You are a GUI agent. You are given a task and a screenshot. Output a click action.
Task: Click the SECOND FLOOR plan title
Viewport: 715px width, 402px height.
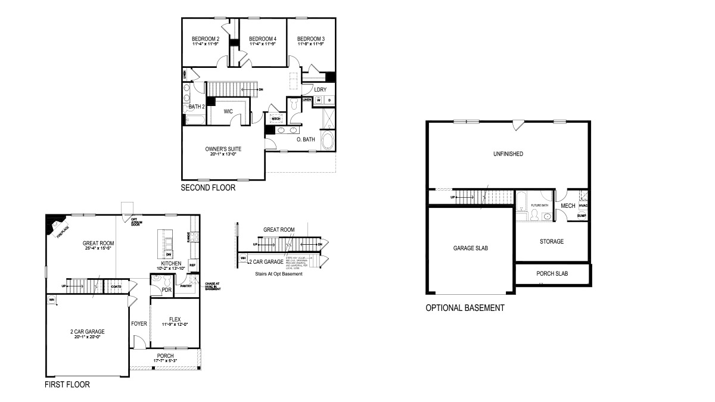coord(208,188)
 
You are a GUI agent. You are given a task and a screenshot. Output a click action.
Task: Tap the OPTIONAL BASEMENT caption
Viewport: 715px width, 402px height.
coord(465,308)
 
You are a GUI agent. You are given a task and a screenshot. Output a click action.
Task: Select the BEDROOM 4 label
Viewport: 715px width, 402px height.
coord(262,38)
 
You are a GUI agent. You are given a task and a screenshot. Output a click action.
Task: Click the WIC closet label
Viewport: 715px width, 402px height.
coord(228,111)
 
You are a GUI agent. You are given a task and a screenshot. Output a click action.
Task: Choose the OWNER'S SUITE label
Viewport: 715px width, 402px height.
coord(223,148)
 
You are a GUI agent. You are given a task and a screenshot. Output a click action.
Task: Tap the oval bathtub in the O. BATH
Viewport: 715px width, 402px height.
coord(328,142)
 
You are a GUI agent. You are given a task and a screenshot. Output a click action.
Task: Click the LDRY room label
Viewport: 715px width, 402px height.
coord(321,89)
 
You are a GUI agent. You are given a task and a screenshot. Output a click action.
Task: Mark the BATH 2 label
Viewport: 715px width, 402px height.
coord(196,107)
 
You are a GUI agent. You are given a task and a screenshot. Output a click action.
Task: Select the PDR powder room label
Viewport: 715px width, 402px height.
coord(167,289)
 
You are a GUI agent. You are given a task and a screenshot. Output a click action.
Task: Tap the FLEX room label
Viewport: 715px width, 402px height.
coord(175,319)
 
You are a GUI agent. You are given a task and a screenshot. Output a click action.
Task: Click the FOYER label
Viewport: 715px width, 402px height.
coord(139,324)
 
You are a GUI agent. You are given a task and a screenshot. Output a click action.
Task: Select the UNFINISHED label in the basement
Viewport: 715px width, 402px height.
coord(508,154)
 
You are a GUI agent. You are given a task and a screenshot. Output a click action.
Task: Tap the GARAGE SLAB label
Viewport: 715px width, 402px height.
coord(470,248)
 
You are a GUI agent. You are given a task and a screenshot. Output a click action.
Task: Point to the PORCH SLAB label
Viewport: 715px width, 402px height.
coord(552,274)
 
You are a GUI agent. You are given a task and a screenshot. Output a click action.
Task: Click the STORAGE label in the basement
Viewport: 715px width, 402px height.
coord(551,241)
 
